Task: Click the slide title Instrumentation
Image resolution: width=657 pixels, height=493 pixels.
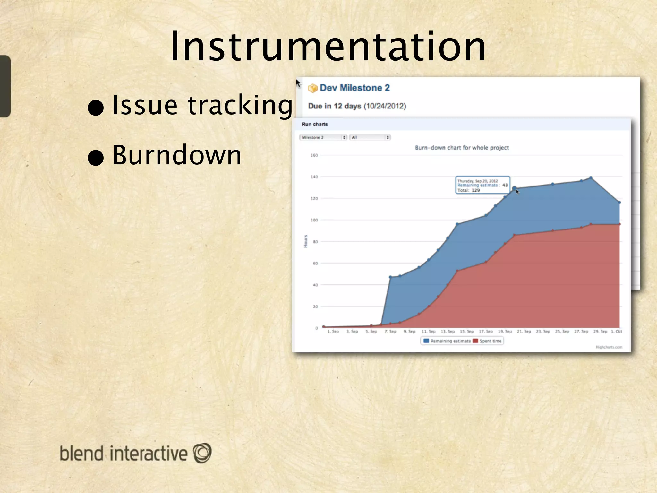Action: (x=328, y=47)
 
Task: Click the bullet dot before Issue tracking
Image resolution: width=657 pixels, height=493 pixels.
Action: (x=96, y=108)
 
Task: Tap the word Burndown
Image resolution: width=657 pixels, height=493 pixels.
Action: (x=177, y=155)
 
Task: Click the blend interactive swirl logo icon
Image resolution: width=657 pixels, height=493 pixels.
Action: (x=202, y=453)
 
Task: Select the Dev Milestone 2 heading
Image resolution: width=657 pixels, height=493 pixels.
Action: (x=354, y=88)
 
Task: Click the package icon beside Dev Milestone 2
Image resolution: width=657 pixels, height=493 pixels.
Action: (x=312, y=88)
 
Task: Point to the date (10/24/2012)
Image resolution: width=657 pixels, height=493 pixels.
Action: (x=385, y=106)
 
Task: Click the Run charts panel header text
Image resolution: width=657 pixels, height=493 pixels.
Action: (x=315, y=124)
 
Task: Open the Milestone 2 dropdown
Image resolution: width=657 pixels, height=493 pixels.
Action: (x=323, y=137)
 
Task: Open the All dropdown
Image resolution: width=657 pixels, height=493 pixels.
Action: (x=370, y=137)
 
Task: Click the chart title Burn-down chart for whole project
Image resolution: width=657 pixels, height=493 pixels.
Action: (x=462, y=148)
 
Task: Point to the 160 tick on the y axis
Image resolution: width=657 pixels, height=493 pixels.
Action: (x=314, y=155)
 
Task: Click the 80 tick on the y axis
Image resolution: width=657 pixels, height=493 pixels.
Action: (x=315, y=242)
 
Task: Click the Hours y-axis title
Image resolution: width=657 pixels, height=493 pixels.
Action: (x=306, y=241)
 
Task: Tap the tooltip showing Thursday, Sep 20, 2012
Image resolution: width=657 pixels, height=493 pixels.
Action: (x=482, y=185)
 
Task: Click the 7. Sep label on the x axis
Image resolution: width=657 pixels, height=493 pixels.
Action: (x=390, y=332)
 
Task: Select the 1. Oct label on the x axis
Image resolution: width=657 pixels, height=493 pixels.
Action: (x=616, y=332)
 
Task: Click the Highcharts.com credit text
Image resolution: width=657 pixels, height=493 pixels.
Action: (x=609, y=347)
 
